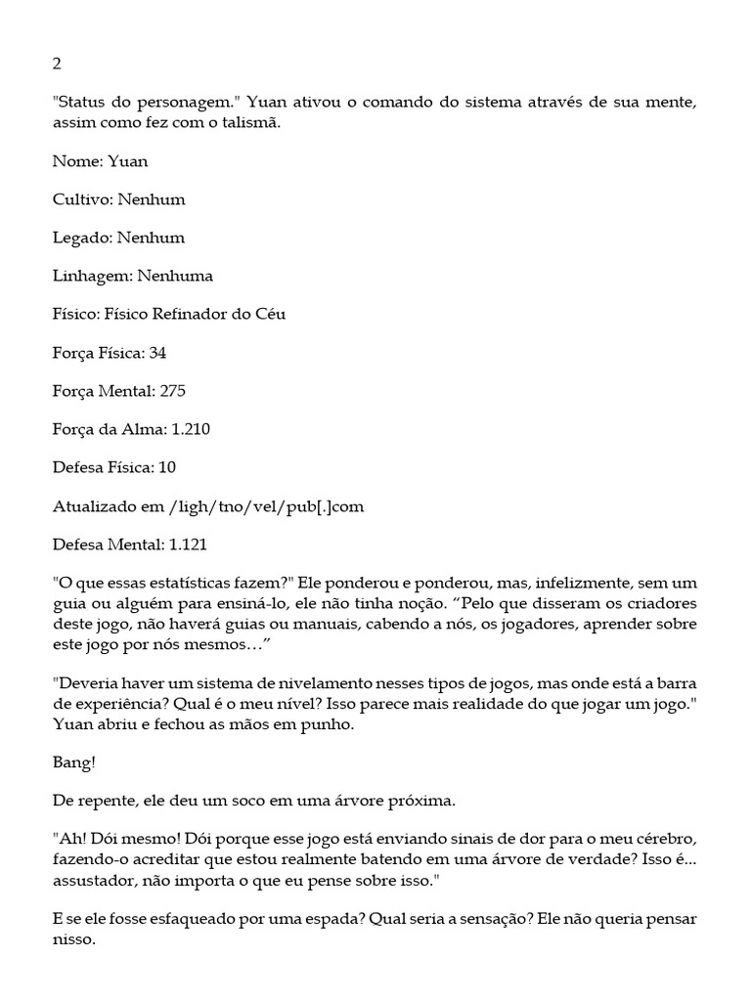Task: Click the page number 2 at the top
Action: pyautogui.click(x=57, y=65)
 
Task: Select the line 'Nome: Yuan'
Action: pyautogui.click(x=100, y=161)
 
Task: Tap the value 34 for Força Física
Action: pyautogui.click(x=157, y=353)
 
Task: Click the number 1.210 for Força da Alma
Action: pyautogui.click(x=189, y=429)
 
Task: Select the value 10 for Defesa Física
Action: pyautogui.click(x=167, y=467)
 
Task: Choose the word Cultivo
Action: pyautogui.click(x=83, y=199)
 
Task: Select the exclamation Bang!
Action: pyautogui.click(x=73, y=763)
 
